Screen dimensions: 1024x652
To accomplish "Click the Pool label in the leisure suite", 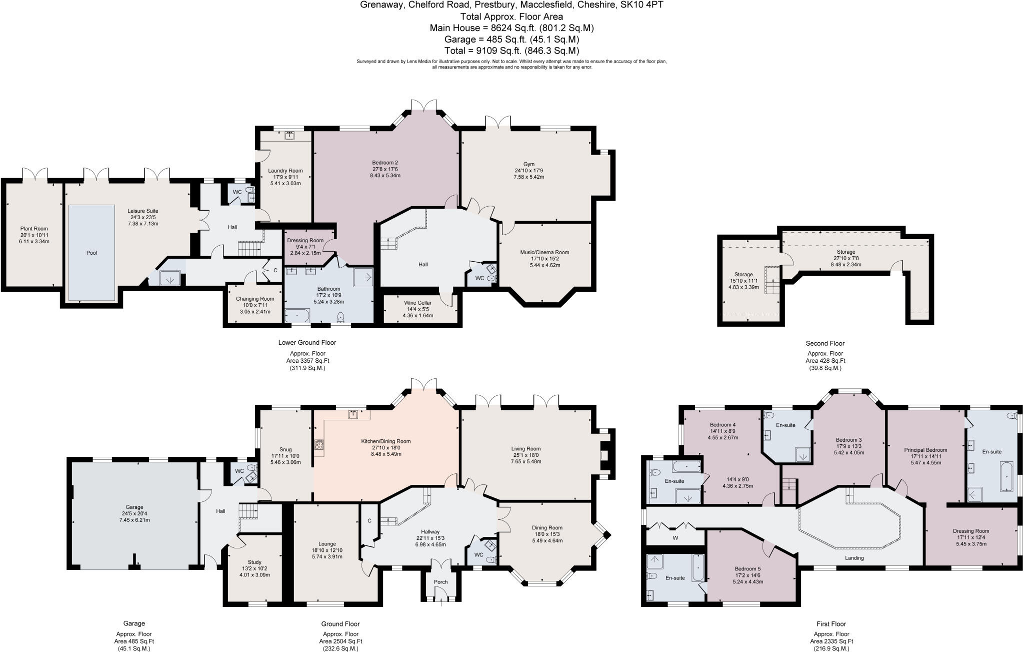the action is click(91, 253).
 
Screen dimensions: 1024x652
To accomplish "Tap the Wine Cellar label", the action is click(417, 303).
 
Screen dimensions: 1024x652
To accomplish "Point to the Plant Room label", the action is click(34, 229).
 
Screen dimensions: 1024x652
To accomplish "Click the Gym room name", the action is click(529, 164).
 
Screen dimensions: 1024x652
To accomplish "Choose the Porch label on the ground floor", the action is click(440, 582).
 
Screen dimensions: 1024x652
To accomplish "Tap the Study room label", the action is click(254, 562).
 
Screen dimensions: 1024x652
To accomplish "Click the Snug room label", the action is click(285, 449).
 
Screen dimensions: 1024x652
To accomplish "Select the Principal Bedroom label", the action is click(925, 450).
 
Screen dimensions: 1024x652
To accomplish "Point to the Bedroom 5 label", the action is click(747, 568).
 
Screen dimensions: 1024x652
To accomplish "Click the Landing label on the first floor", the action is click(854, 558).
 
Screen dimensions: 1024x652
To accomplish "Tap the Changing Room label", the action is click(255, 299).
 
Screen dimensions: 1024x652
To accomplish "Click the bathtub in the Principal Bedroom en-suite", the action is click(1005, 477).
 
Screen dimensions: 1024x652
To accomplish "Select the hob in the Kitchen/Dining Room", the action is click(319, 445).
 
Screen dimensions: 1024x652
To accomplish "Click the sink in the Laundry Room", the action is click(289, 135).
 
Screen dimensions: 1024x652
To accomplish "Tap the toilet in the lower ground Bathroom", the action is click(341, 317).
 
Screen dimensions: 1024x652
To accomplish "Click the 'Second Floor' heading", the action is click(825, 343).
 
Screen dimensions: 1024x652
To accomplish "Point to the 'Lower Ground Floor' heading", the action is click(307, 343).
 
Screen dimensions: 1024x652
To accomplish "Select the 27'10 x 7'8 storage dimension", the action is click(846, 258).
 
